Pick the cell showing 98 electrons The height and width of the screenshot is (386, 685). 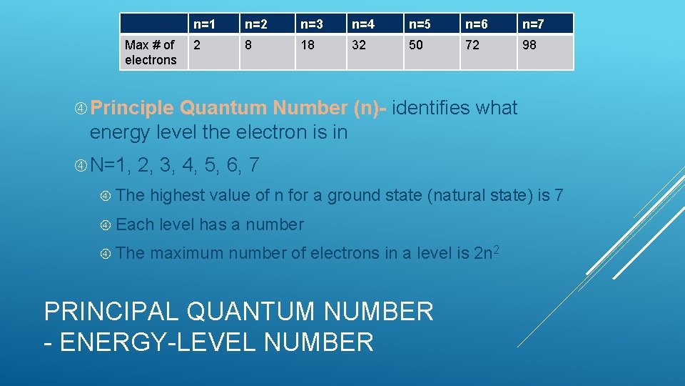pyautogui.click(x=544, y=51)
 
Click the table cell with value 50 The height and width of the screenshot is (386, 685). pyautogui.click(x=432, y=51)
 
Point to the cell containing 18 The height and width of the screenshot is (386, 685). pyautogui.click(x=320, y=51)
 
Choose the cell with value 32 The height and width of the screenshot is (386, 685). pyautogui.click(x=375, y=51)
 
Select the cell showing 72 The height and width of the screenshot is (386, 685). pyautogui.click(x=489, y=51)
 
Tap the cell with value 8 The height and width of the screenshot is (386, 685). pyautogui.click(x=267, y=51)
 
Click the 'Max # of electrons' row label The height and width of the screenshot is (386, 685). pyautogui.click(x=151, y=52)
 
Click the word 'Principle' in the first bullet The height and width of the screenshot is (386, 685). pyautogui.click(x=132, y=109)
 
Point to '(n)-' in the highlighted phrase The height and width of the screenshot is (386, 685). pyautogui.click(x=370, y=109)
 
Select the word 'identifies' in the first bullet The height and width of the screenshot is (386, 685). pyautogui.click(x=431, y=109)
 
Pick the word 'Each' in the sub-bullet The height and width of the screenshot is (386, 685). pyautogui.click(x=135, y=224)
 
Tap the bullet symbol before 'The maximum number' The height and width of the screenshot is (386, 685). pyautogui.click(x=105, y=254)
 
